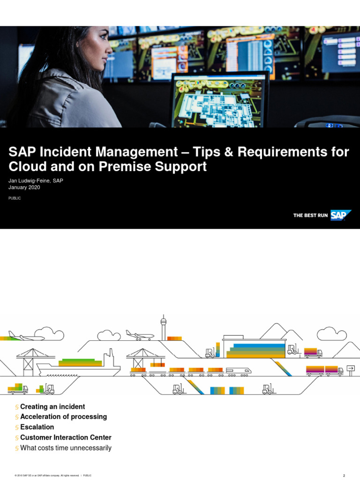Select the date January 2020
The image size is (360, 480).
(25, 187)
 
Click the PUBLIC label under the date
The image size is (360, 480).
(15, 198)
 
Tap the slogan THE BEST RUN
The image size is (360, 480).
(310, 216)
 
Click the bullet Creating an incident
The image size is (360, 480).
(52, 406)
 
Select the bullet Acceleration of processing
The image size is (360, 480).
(63, 417)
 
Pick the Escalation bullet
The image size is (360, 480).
(37, 427)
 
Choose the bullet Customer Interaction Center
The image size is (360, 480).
(66, 437)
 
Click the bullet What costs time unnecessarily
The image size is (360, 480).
(66, 448)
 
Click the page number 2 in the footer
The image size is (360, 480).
(344, 475)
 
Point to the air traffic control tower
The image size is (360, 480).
(164, 326)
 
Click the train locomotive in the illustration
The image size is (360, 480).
(239, 370)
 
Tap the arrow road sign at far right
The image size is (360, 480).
(351, 368)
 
